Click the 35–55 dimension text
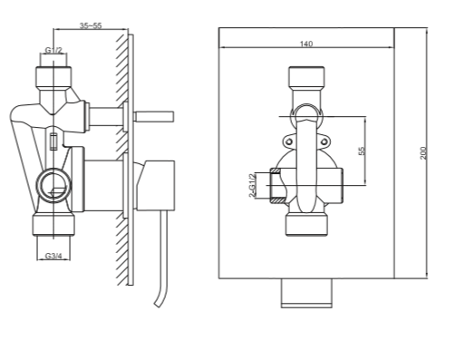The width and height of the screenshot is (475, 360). [x=89, y=28]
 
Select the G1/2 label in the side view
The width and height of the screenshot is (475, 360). [x=53, y=52]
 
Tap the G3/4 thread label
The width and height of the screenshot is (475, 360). [x=53, y=257]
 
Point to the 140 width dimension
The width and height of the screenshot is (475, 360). [x=305, y=43]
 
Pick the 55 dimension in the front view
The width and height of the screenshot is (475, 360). [x=361, y=151]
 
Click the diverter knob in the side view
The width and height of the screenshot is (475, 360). [x=154, y=115]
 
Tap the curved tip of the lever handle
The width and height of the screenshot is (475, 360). [x=160, y=298]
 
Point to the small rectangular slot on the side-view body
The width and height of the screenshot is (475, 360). [x=54, y=141]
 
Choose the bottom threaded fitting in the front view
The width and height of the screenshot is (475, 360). [x=306, y=224]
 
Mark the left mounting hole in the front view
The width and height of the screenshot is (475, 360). [x=288, y=141]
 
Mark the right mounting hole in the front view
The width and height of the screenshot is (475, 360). [x=325, y=141]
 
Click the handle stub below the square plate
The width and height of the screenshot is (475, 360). [x=306, y=292]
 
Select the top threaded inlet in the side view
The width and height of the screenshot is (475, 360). [x=53, y=73]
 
